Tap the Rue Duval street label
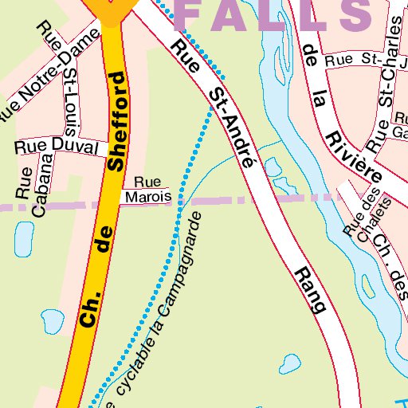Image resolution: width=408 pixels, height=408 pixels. (56, 147)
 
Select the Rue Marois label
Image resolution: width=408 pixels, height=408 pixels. (147, 190)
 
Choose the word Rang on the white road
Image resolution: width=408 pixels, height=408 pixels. (311, 290)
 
